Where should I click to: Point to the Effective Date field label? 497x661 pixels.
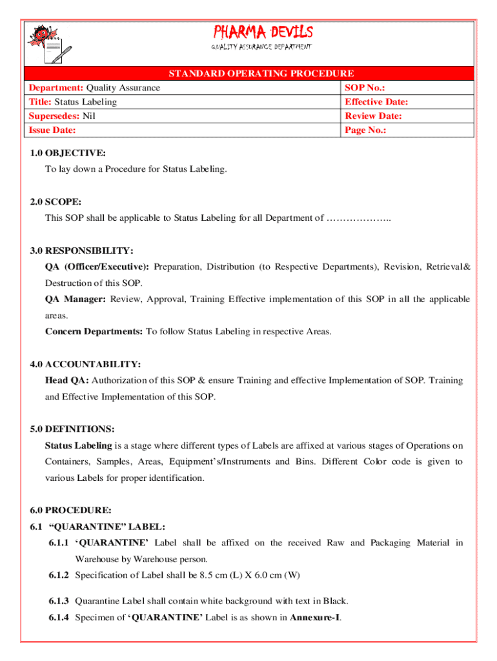(376, 102)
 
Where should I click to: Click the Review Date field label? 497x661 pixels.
(374, 116)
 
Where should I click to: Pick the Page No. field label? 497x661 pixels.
(366, 130)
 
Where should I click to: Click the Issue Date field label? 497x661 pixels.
(52, 130)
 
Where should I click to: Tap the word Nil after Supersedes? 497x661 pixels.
(88, 116)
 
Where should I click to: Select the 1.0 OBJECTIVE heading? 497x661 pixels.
(68, 153)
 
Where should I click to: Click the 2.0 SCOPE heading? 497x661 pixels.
(56, 202)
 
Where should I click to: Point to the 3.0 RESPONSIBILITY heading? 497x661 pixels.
(81, 250)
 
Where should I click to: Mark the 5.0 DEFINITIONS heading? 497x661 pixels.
(72, 429)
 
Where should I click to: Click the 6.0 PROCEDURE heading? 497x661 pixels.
(70, 511)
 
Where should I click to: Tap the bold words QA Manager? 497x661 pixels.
(76, 300)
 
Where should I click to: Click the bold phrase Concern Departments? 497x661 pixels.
(94, 332)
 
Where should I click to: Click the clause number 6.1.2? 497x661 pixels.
(59, 575)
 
